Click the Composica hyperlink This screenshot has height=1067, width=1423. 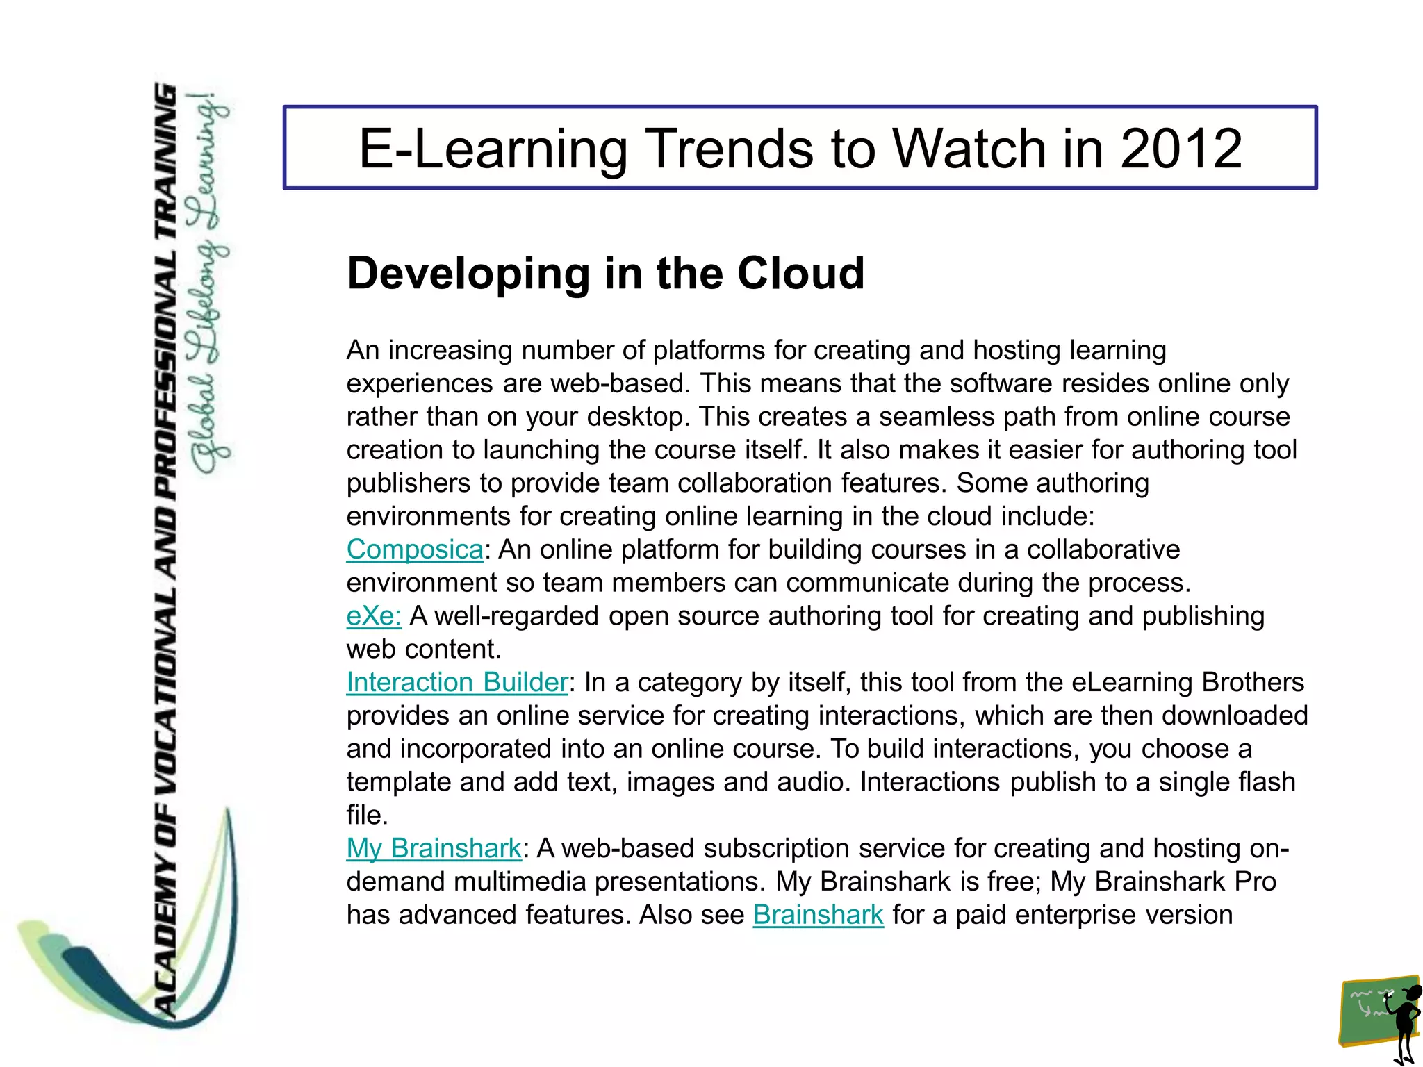(x=415, y=549)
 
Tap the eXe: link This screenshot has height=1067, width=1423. (x=374, y=616)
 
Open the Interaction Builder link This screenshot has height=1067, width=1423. (x=457, y=682)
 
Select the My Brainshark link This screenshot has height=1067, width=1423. (x=434, y=848)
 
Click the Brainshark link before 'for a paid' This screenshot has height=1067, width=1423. (x=818, y=915)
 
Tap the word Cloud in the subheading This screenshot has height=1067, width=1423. (x=800, y=273)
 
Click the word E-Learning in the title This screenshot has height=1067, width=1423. (x=493, y=150)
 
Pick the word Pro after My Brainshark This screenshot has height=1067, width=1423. (x=1255, y=882)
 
